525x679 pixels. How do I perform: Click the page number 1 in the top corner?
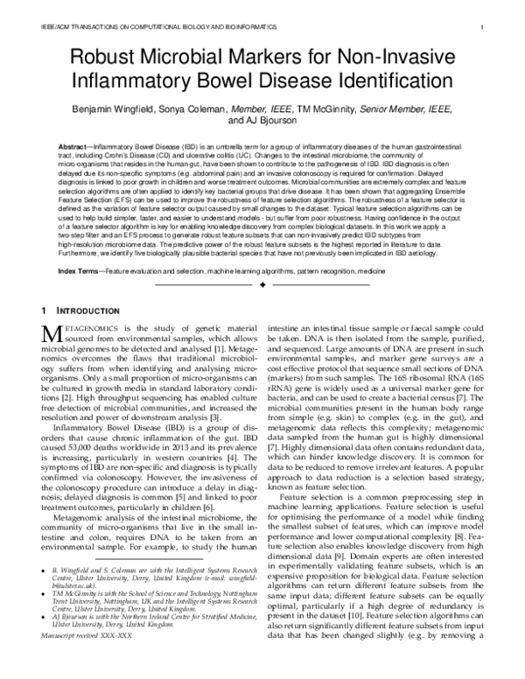tap(483, 28)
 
